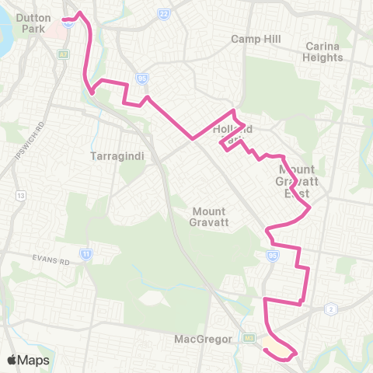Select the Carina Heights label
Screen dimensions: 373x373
(323, 51)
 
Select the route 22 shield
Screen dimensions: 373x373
(163, 14)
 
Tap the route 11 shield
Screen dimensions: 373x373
(85, 253)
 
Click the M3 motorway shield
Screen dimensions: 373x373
(249, 338)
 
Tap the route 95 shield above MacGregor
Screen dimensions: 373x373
(272, 254)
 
